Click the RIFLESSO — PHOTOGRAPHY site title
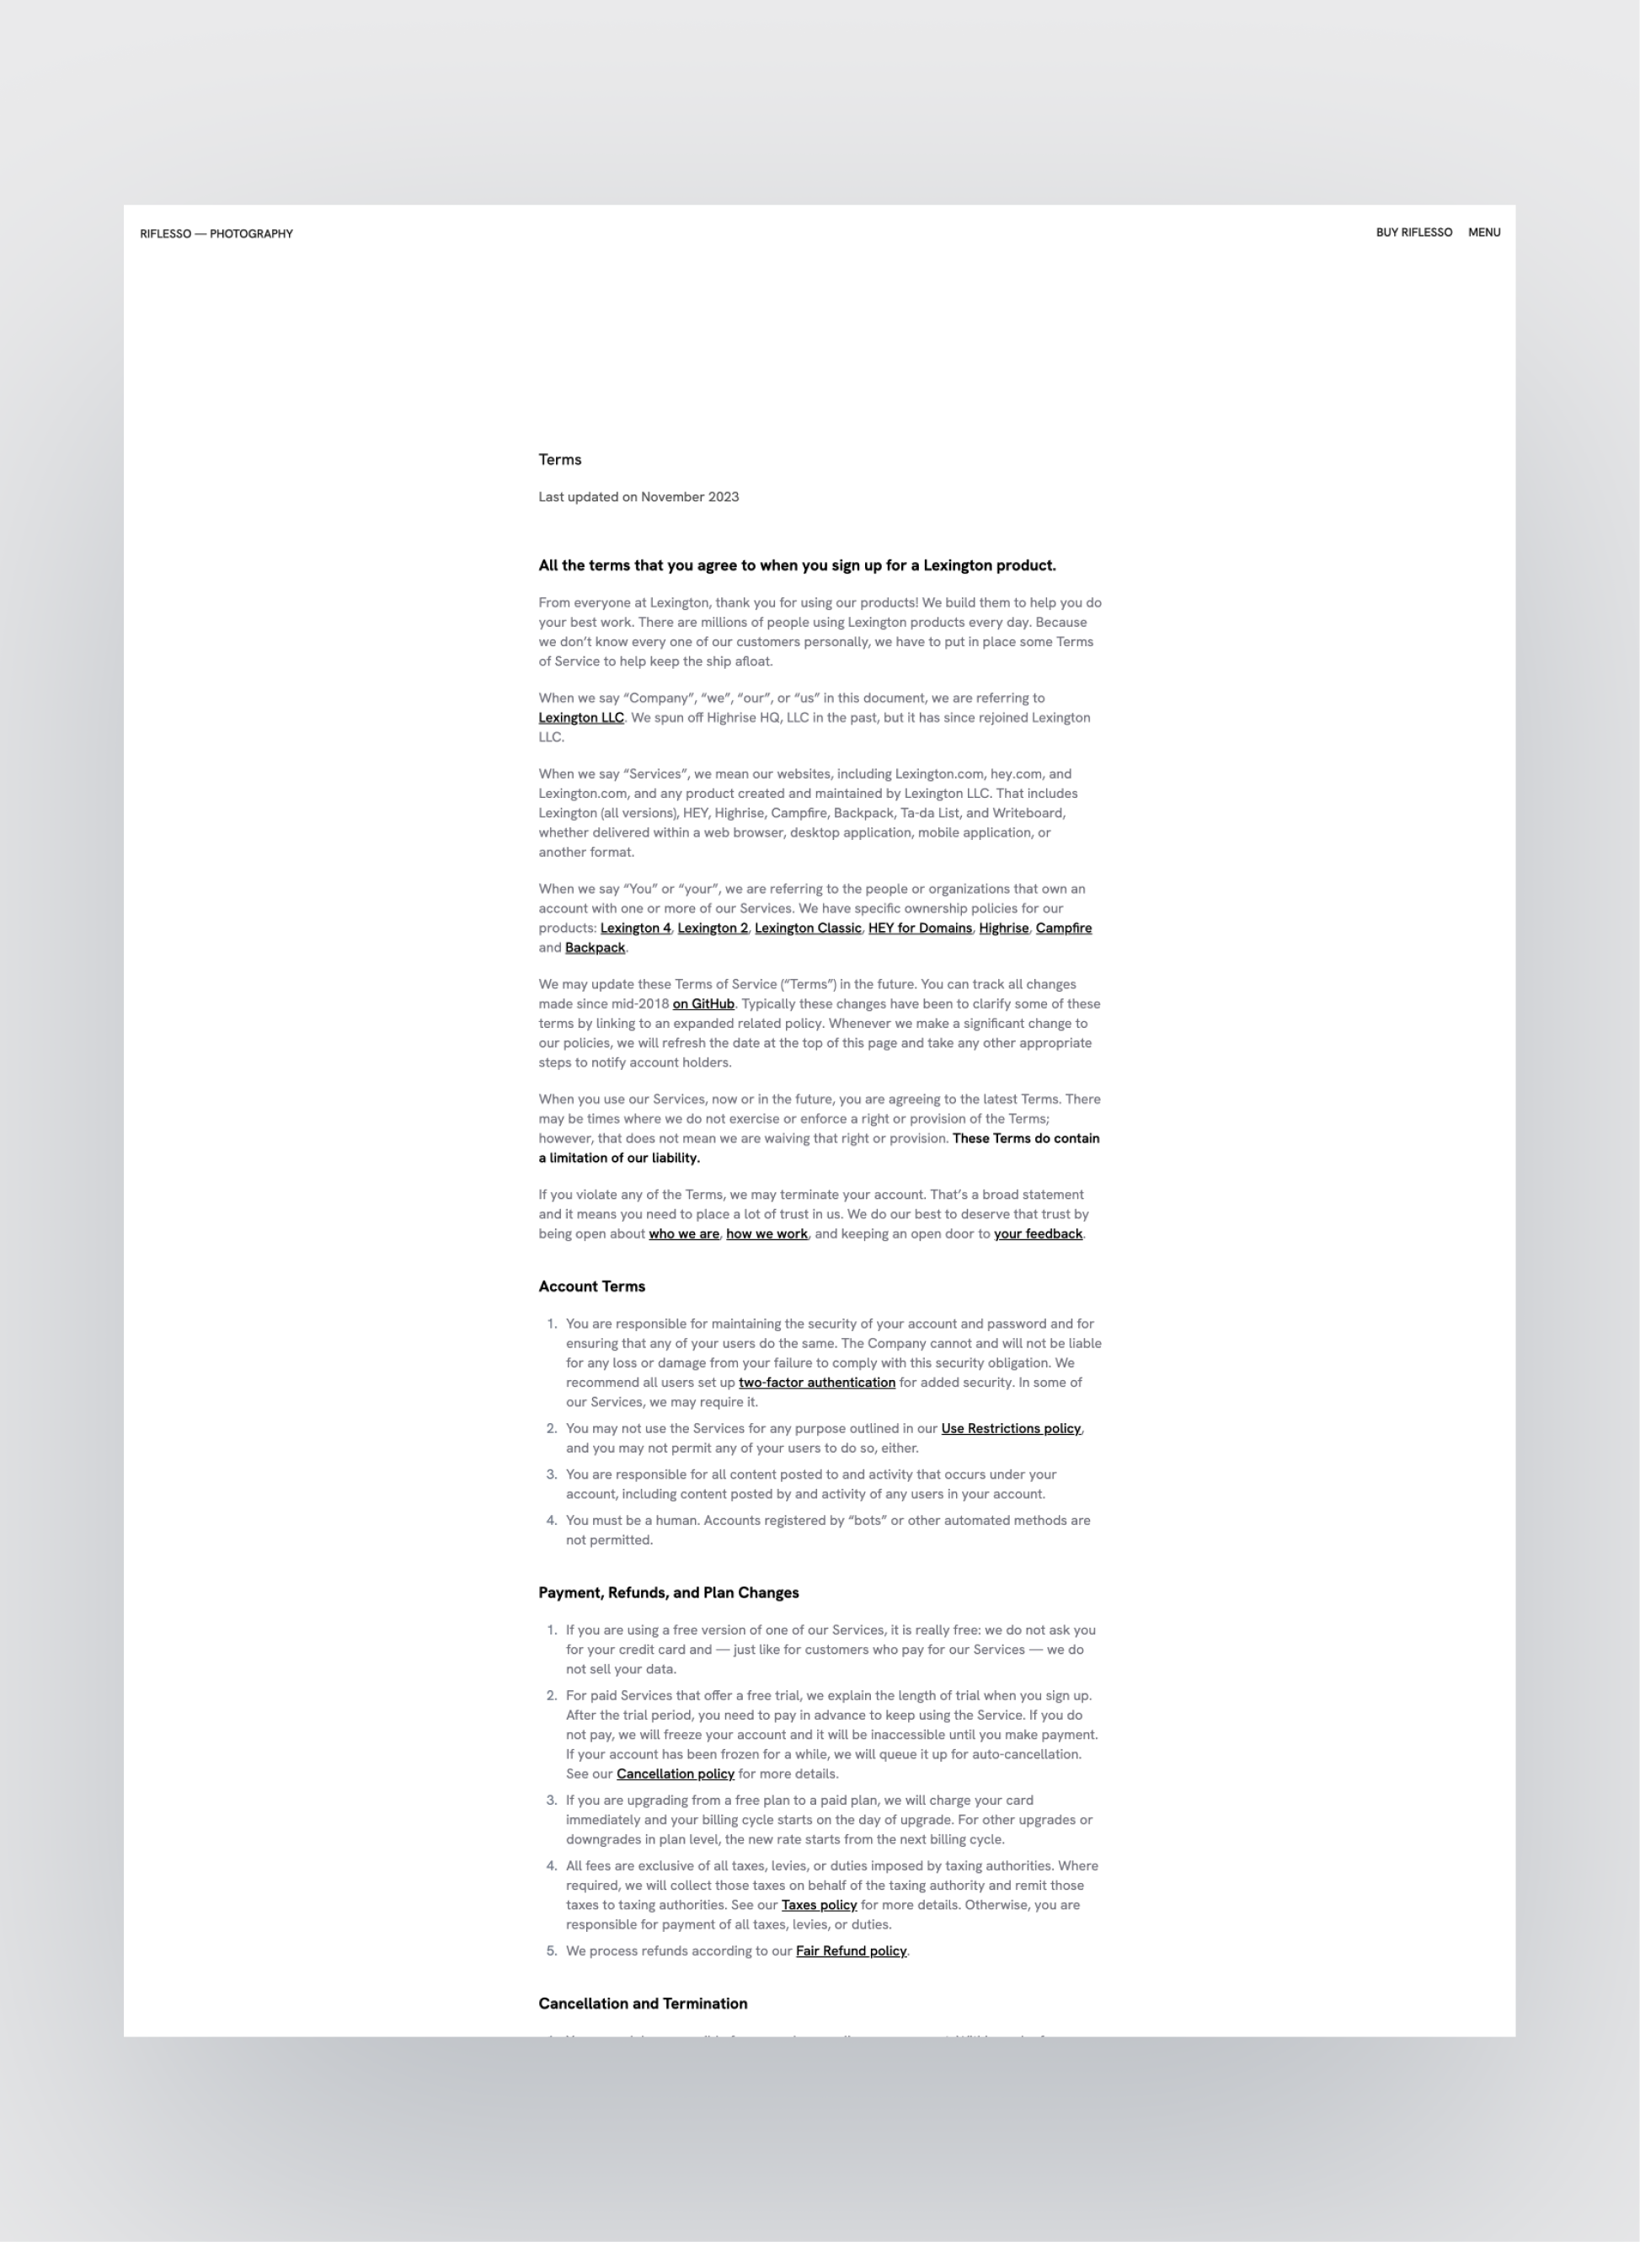pos(216,233)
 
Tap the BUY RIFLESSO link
pos(1413,233)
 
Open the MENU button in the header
pos(1483,233)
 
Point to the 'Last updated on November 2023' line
pos(638,496)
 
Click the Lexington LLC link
pos(580,717)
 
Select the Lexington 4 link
pos(634,928)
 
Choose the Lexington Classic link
pos(807,928)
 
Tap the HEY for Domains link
pos(919,928)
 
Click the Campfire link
pos(1062,928)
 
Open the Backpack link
pos(595,947)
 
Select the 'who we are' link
pos(683,1233)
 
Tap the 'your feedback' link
pos(1038,1233)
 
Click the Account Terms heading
pos(591,1286)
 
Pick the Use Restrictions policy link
pos(1011,1428)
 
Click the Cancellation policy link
pos(675,1774)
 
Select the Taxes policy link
pos(818,1904)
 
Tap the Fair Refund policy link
pos(851,1950)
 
